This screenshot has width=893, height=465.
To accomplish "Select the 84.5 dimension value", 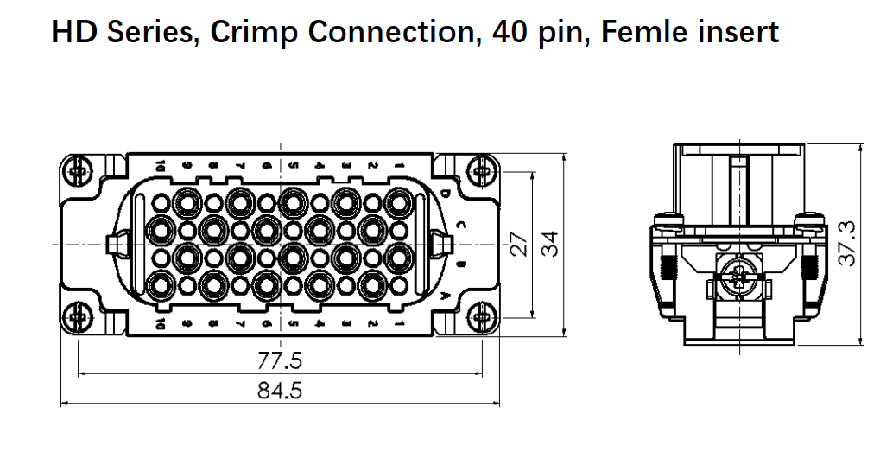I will [x=281, y=391].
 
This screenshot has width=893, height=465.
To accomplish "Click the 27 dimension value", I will [x=518, y=244].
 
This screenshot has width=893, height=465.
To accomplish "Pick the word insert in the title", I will [x=735, y=33].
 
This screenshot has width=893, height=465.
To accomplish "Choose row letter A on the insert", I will [x=445, y=296].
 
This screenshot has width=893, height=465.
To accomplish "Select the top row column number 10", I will [x=161, y=165].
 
